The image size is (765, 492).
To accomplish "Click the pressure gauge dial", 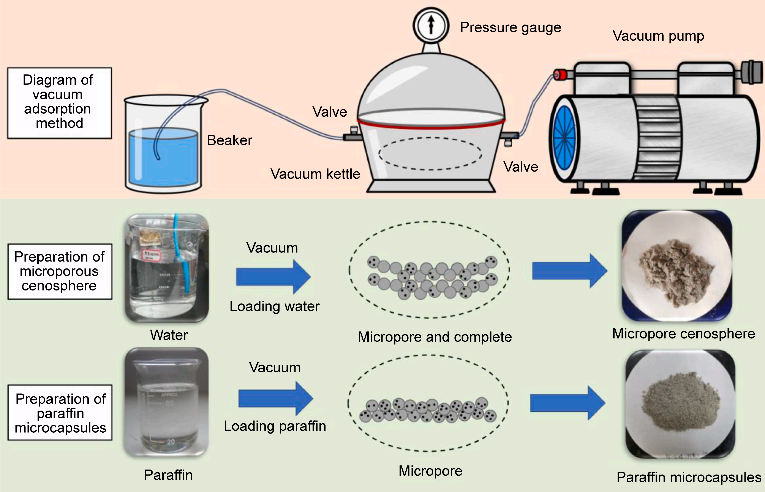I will coord(431,25).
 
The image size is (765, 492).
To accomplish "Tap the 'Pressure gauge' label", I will coord(510,27).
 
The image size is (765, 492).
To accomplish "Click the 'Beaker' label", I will coord(229,140).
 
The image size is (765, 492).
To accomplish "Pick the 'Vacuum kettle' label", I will coord(315,174).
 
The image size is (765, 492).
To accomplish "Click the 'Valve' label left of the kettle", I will coord(329,112).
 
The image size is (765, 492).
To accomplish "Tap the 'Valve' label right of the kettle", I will coord(521,167).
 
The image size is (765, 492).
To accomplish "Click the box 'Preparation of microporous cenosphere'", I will coord(60,271).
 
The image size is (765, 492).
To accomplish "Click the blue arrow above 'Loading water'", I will coord(273,277).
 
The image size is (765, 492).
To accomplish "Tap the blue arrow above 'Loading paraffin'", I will coord(275,398).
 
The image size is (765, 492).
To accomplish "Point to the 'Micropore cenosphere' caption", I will coord(683,334).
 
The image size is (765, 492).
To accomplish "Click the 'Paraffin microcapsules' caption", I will coord(689,477).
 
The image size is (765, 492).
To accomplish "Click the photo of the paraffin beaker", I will coord(167,402).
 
